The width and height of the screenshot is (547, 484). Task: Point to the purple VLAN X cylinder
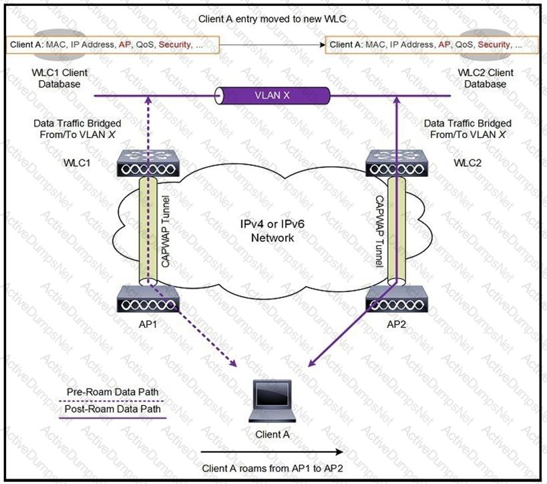point(272,96)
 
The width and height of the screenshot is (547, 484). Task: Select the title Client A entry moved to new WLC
point(272,19)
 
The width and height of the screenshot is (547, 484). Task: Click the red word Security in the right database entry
point(494,45)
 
